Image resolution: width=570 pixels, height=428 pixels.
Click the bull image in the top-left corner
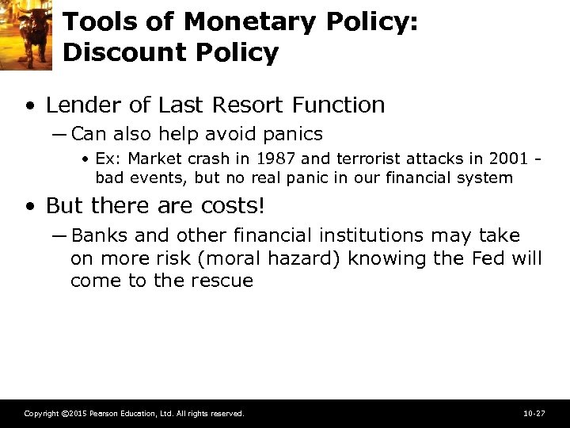tap(25, 35)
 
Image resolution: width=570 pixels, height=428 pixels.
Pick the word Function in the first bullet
tap(342, 105)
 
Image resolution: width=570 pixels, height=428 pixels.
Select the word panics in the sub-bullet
tap(294, 134)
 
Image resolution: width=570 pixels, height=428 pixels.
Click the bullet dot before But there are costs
tap(29, 207)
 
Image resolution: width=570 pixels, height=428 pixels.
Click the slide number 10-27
tap(534, 414)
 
